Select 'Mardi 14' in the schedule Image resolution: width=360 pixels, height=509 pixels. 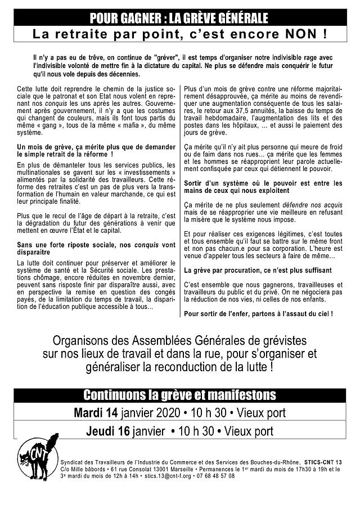tap(96, 412)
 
